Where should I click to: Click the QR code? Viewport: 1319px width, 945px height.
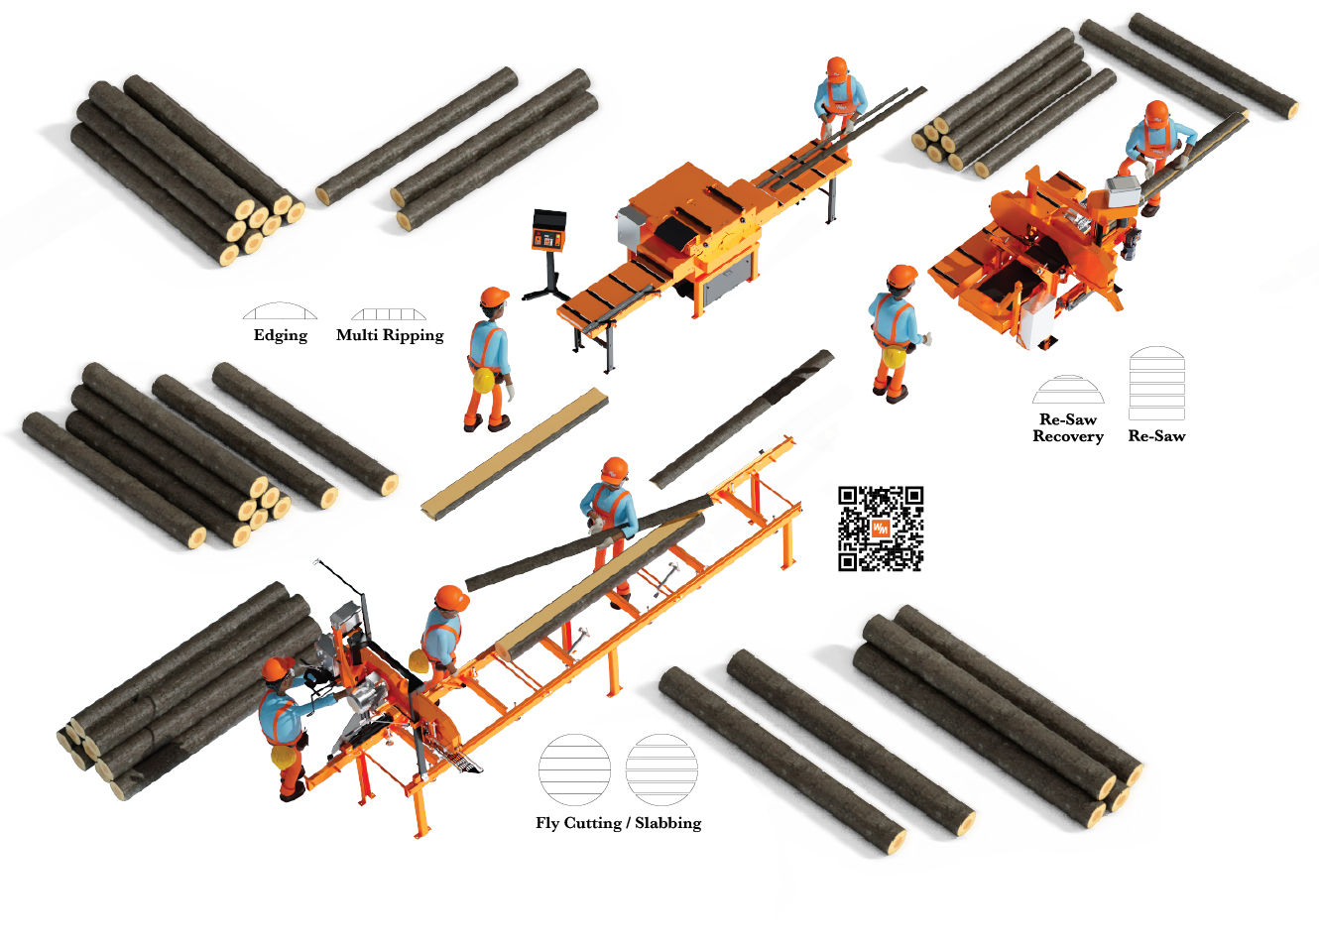(x=881, y=529)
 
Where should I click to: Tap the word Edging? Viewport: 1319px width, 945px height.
(x=281, y=335)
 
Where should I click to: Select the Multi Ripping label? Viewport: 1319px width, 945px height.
(x=390, y=335)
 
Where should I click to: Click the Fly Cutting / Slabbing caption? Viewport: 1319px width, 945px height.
(x=618, y=822)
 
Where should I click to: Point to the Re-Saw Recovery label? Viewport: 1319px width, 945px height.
(x=1067, y=427)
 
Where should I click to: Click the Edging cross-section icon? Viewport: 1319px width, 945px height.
(x=280, y=311)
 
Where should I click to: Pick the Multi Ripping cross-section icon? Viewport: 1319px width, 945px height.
(x=389, y=313)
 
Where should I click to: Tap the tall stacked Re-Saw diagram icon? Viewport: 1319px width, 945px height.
(x=1156, y=384)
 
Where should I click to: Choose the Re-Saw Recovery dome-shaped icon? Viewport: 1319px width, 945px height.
(x=1068, y=389)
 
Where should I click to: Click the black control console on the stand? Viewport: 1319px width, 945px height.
(x=548, y=230)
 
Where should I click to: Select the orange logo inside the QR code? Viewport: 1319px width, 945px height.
(x=881, y=529)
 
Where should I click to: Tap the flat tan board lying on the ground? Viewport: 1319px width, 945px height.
(x=514, y=453)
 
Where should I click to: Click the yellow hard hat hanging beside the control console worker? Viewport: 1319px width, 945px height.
(x=484, y=380)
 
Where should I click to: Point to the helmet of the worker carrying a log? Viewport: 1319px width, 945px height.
(x=615, y=470)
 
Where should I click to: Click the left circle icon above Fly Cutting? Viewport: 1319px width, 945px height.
(x=574, y=769)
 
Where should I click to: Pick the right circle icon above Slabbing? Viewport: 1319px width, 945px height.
(x=661, y=769)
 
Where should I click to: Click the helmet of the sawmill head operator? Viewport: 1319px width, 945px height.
(x=278, y=669)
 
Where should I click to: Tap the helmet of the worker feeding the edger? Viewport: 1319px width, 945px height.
(x=836, y=68)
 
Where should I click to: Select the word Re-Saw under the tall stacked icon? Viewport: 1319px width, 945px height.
(x=1156, y=436)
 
